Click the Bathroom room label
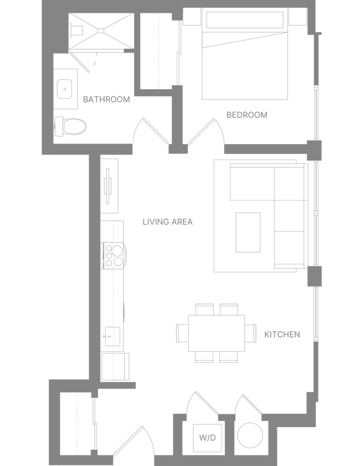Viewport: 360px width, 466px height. tap(106, 100)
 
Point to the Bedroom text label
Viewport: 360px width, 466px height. tap(247, 115)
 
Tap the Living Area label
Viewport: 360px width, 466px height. tap(168, 222)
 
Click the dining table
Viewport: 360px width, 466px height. tap(217, 332)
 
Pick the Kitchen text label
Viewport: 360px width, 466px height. tap(282, 335)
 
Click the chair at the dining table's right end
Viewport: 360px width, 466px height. tap(251, 332)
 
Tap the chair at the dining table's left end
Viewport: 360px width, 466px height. tap(181, 332)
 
